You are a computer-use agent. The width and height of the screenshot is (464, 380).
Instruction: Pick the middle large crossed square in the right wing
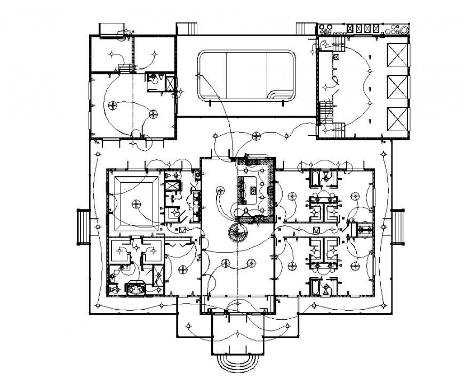396,86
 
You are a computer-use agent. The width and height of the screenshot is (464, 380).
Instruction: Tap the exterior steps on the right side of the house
398,226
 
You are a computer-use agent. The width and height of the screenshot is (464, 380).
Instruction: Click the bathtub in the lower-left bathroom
137,287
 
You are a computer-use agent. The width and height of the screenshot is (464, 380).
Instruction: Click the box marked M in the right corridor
316,230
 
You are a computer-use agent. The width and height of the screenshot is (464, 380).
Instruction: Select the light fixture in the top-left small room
112,53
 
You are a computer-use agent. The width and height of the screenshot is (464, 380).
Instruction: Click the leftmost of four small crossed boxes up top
350,29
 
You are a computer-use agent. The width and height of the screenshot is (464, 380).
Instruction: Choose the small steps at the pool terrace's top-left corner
186,29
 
